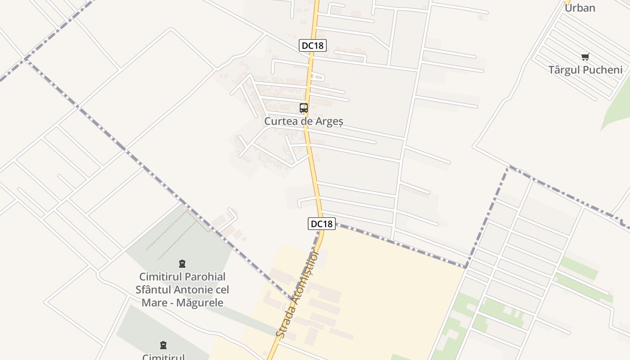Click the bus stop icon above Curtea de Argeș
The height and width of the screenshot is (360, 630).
click(304, 108)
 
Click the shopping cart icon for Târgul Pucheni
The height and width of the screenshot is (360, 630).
click(585, 57)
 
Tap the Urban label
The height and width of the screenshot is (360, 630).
click(580, 8)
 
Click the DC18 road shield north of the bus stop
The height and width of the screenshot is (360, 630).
click(312, 45)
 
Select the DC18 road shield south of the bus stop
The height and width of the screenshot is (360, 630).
click(322, 224)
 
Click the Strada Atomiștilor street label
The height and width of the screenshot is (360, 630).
click(297, 295)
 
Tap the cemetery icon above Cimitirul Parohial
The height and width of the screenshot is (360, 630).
click(182, 264)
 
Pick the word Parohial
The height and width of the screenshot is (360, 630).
click(205, 277)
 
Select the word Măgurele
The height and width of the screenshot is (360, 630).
click(200, 302)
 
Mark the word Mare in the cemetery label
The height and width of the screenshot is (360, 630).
click(154, 302)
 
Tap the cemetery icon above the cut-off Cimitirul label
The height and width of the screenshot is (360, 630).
click(163, 345)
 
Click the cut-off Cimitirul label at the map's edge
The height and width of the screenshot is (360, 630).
click(163, 357)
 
